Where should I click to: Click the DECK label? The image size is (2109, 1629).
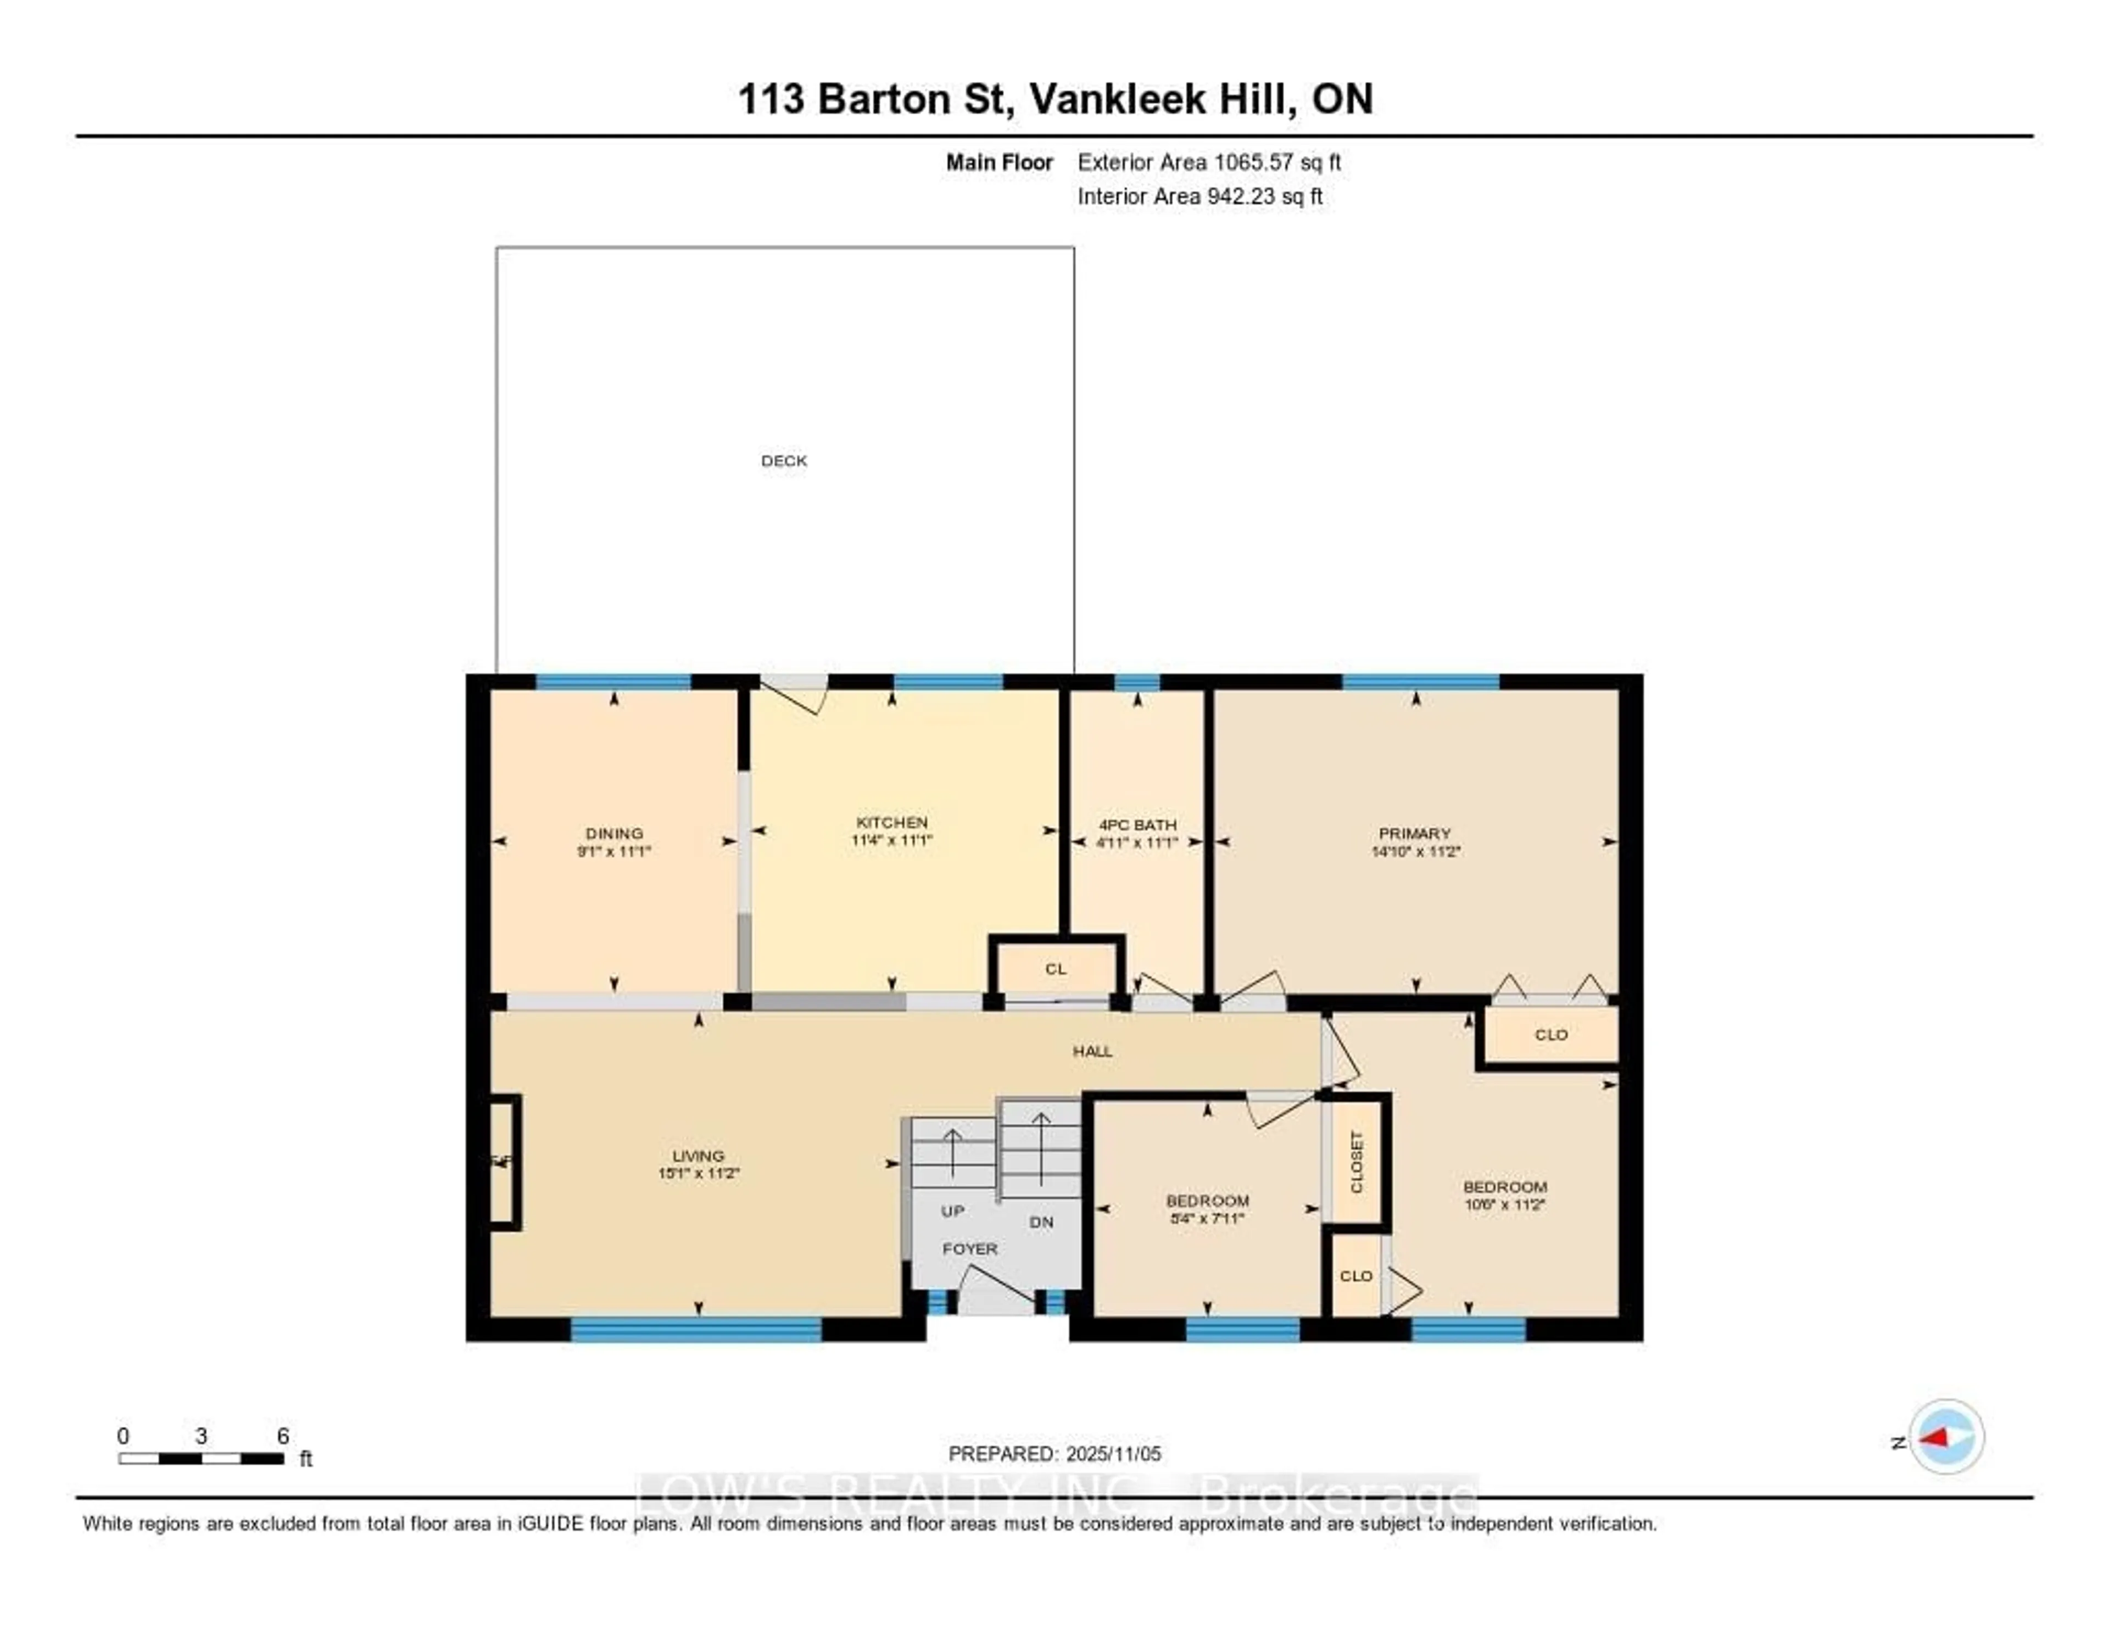(x=783, y=461)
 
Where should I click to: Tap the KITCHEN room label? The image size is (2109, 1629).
(x=891, y=822)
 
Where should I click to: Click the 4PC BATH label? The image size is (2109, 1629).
(x=1137, y=824)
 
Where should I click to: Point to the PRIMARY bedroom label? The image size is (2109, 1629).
(x=1415, y=833)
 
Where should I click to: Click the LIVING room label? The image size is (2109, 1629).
(x=698, y=1156)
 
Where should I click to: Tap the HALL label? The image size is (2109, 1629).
(x=1092, y=1051)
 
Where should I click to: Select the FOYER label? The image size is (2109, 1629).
(x=969, y=1248)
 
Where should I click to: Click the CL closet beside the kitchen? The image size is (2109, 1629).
(x=1056, y=968)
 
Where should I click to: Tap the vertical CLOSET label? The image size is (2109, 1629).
(x=1356, y=1162)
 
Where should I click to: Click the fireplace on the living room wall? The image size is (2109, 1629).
(x=504, y=1162)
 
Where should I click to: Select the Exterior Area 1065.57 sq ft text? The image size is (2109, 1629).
(x=1209, y=162)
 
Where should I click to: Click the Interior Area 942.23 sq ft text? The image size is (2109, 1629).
(x=1199, y=196)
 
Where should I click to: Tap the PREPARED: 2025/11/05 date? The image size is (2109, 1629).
(x=1054, y=1453)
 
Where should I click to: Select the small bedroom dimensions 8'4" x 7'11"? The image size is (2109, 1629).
(x=1207, y=1219)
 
